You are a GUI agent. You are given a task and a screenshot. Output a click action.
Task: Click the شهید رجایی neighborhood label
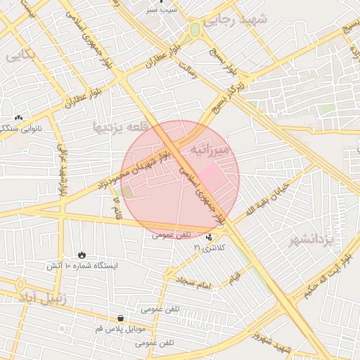pyautogui.click(x=235, y=21)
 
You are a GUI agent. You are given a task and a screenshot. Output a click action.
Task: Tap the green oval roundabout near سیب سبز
pyautogui.click(x=194, y=30)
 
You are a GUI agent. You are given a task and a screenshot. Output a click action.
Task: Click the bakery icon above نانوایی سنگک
pyautogui.click(x=18, y=118)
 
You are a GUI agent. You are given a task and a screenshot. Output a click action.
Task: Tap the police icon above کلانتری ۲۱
pyautogui.click(x=208, y=238)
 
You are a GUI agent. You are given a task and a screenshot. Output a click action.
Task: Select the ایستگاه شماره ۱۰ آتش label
pyautogui.click(x=82, y=266)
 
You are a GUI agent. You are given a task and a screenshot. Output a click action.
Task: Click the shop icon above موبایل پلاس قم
pyautogui.click(x=120, y=318)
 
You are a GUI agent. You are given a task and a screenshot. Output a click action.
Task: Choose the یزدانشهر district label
pyautogui.click(x=319, y=240)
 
